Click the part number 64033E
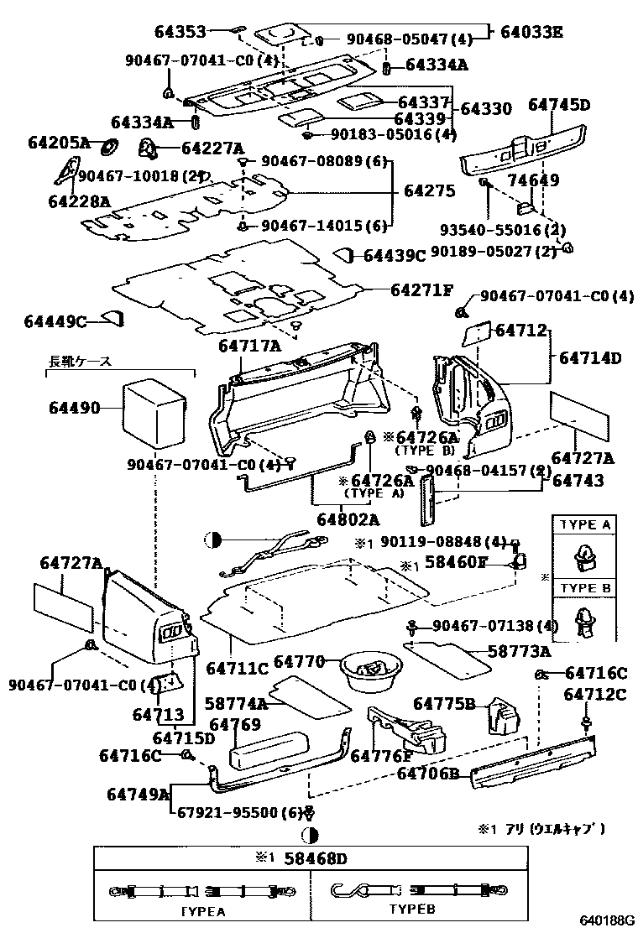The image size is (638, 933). (x=531, y=33)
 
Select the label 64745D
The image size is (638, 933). (x=559, y=105)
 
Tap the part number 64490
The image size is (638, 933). (x=75, y=409)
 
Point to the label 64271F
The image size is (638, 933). (x=421, y=290)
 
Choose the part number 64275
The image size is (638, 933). (x=429, y=191)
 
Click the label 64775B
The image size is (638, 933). (x=444, y=703)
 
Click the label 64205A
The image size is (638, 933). (x=58, y=143)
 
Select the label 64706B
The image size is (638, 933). (x=427, y=774)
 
